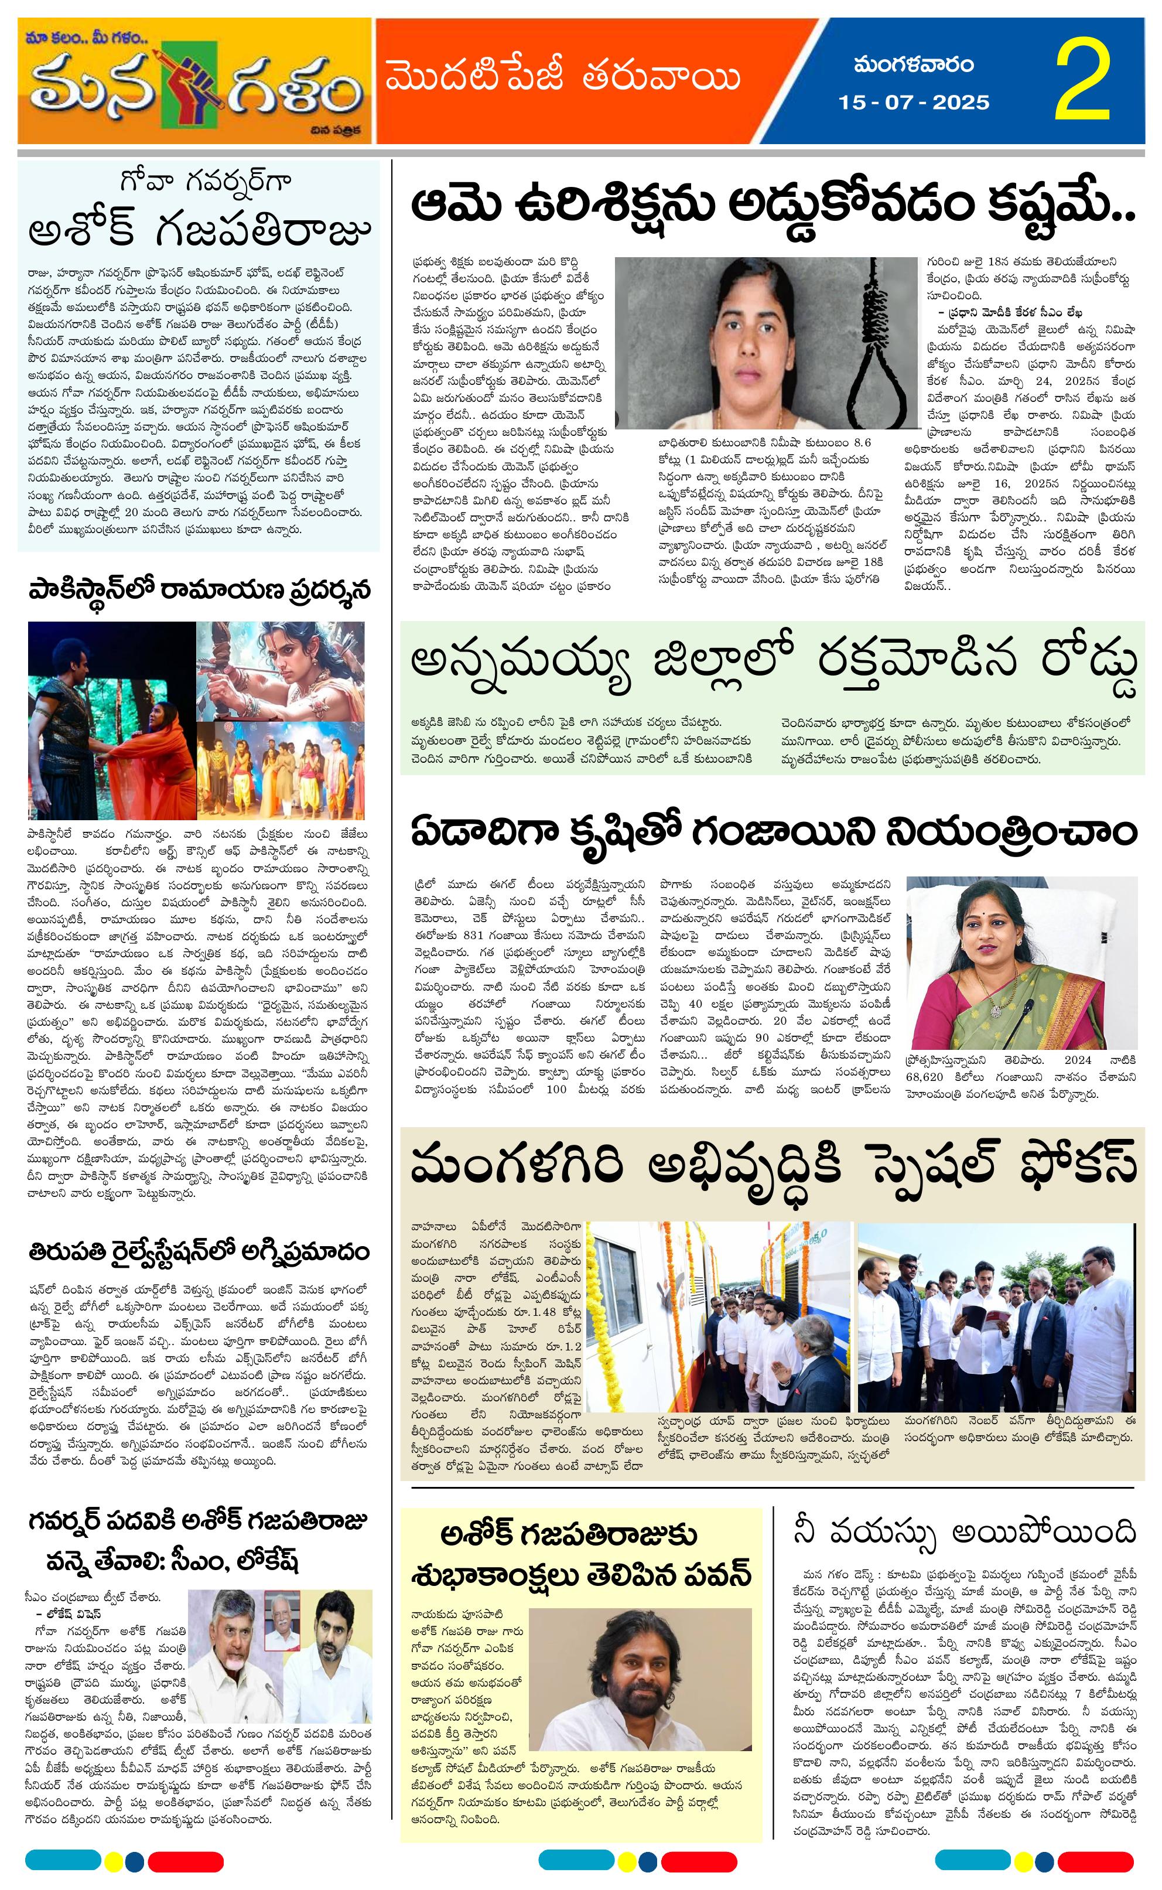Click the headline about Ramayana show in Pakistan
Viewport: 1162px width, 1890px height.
(x=200, y=591)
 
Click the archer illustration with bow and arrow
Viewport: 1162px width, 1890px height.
(x=281, y=668)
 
